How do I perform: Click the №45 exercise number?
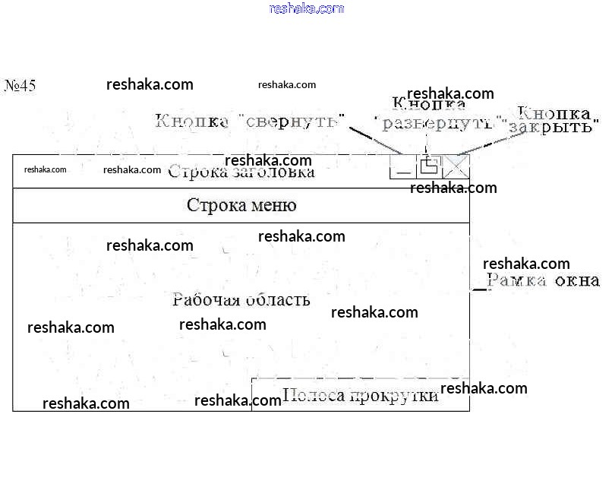(x=21, y=85)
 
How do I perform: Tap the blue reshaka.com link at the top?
(x=307, y=8)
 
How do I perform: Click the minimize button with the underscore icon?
(x=402, y=166)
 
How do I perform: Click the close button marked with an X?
(x=457, y=166)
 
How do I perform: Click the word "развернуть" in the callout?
(x=441, y=122)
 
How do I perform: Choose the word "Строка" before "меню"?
(x=214, y=205)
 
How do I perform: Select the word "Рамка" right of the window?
(x=517, y=281)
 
